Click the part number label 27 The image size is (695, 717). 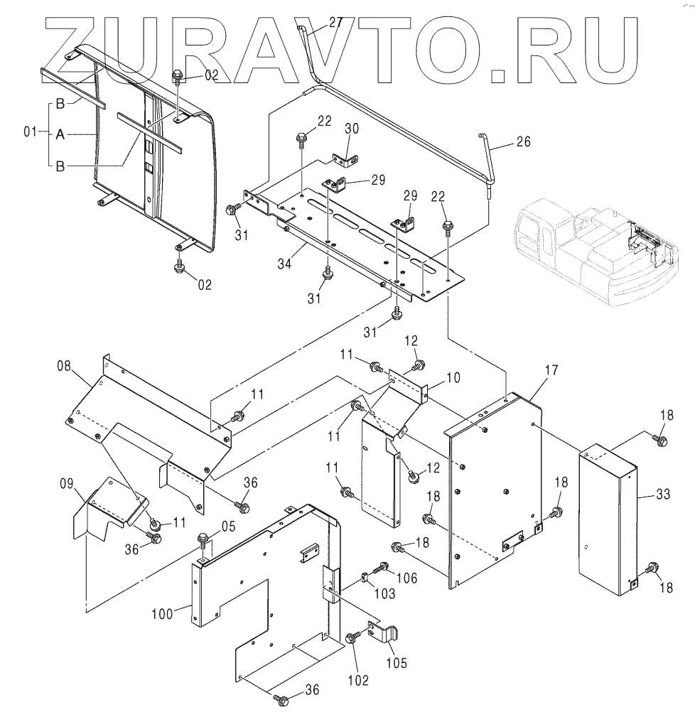coord(336,23)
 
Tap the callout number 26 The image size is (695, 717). coord(522,141)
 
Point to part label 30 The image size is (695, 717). coord(352,129)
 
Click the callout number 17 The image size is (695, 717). coord(551,370)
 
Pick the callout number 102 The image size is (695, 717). coord(358,680)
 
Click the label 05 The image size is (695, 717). coord(227,527)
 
